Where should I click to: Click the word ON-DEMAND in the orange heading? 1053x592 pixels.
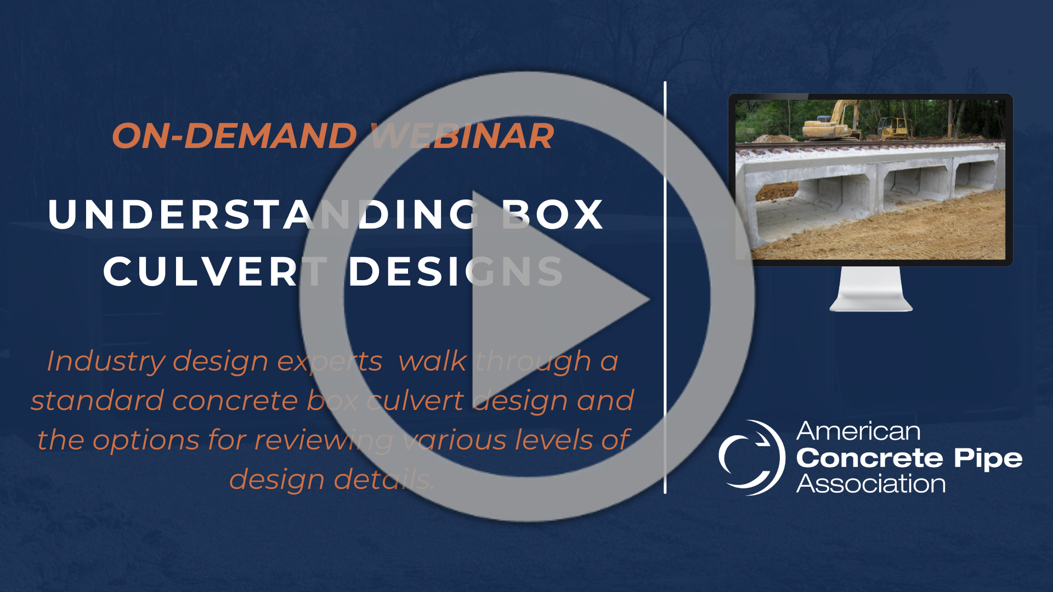click(235, 136)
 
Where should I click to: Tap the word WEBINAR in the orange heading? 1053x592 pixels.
click(462, 136)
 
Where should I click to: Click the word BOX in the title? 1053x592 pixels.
click(553, 214)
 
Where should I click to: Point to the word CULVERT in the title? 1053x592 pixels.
click(216, 271)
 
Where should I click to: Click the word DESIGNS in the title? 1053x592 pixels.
click(456, 271)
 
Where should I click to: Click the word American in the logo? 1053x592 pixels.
click(858, 431)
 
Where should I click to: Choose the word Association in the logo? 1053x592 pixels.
click(871, 484)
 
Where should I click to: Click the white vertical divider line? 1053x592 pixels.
click(665, 288)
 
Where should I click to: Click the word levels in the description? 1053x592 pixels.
click(552, 440)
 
